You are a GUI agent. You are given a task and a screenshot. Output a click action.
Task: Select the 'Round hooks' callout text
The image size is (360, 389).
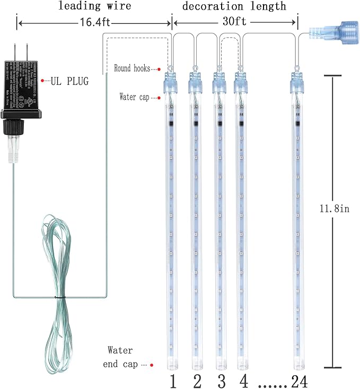(131, 68)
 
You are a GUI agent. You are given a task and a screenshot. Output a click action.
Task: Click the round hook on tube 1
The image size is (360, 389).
(171, 68)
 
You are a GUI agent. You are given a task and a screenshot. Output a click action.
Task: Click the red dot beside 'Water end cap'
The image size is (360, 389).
(152, 365)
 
